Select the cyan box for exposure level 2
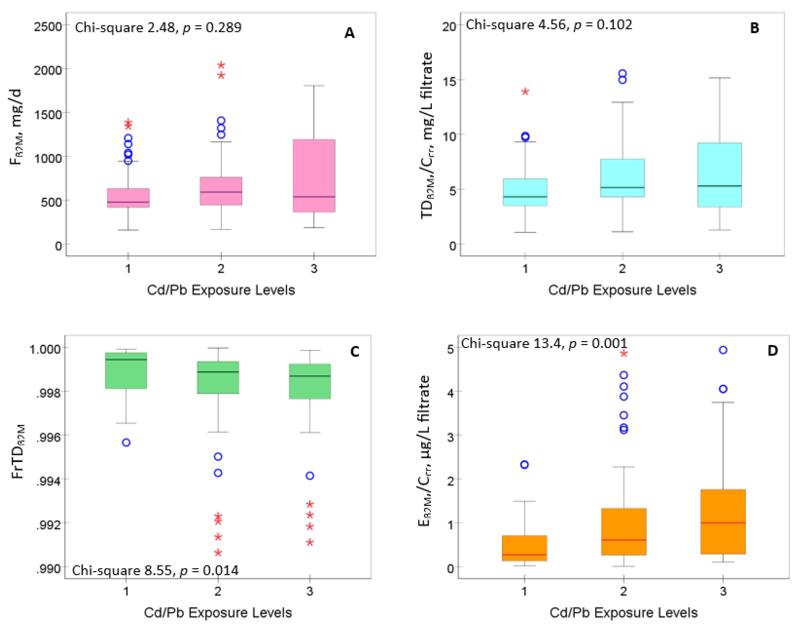pyautogui.click(x=622, y=178)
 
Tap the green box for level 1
pyautogui.click(x=126, y=370)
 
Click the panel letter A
pyautogui.click(x=349, y=33)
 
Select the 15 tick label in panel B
pyautogui.click(x=449, y=81)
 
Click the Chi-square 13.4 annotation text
pyautogui.click(x=544, y=344)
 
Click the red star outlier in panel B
pyautogui.click(x=525, y=92)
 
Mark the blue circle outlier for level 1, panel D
pyautogui.click(x=525, y=465)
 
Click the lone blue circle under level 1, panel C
pyautogui.click(x=126, y=443)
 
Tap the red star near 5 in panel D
pyautogui.click(x=624, y=353)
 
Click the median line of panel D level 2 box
pyautogui.click(x=624, y=540)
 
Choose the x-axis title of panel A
pyautogui.click(x=221, y=290)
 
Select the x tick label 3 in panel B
pyautogui.click(x=720, y=269)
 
